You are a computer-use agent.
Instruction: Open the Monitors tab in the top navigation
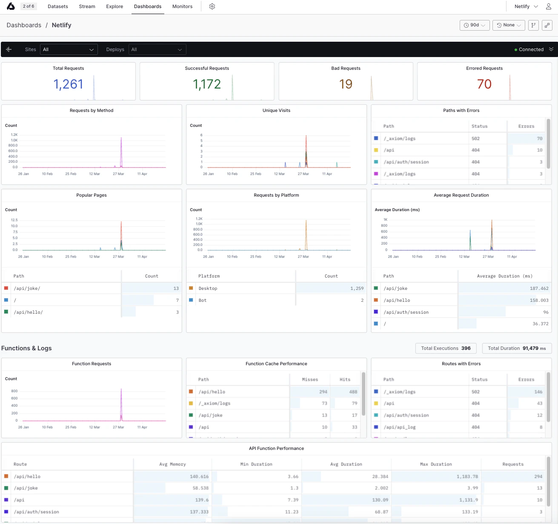[x=182, y=6]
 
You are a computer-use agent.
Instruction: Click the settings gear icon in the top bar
[x=212, y=6]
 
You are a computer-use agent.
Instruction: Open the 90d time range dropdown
[x=475, y=25]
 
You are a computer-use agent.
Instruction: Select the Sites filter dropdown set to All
[x=69, y=49]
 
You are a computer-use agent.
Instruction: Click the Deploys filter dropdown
[x=157, y=49]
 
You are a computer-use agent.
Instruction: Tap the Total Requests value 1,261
[x=68, y=84]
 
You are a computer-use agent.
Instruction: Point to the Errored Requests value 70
[x=484, y=84]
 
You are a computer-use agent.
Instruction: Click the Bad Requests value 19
[x=346, y=84]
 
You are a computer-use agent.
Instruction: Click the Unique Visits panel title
[x=276, y=111]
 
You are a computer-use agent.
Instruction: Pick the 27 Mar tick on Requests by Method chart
[x=118, y=174]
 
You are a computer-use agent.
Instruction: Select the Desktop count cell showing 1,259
[x=357, y=289]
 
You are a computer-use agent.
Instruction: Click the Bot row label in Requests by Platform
[x=203, y=300]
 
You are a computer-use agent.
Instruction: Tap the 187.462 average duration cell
[x=539, y=289]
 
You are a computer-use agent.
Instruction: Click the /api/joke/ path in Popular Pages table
[x=27, y=289]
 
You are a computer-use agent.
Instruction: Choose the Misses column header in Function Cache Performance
[x=310, y=380]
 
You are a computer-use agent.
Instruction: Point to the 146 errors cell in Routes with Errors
[x=538, y=392]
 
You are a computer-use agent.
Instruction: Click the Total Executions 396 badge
[x=446, y=348]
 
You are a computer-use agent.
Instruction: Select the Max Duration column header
[x=436, y=464]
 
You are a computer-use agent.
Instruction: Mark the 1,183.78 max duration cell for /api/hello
[x=467, y=476]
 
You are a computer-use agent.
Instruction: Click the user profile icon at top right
[x=548, y=6]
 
